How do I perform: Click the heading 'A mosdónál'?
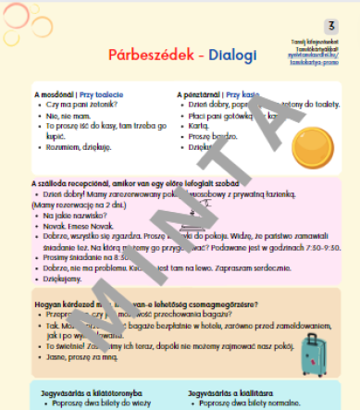click(x=55, y=94)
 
